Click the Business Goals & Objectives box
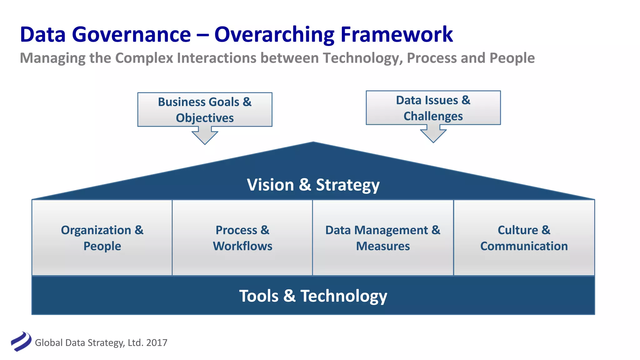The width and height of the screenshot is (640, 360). pyautogui.click(x=205, y=109)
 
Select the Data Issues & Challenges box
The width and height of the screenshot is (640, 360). pyautogui.click(x=433, y=108)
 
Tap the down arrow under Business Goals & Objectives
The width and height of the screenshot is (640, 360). pyautogui.click(x=205, y=136)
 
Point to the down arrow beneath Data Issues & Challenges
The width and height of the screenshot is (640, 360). pyautogui.click(x=433, y=134)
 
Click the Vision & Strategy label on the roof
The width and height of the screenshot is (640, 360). pyautogui.click(x=313, y=185)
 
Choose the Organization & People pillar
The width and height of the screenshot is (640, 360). pyautogui.click(x=102, y=238)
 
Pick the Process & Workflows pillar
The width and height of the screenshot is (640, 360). pyautogui.click(x=242, y=238)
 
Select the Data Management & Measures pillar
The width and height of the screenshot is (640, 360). pyautogui.click(x=383, y=238)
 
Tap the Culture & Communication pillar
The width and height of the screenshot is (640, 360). pyautogui.click(x=524, y=238)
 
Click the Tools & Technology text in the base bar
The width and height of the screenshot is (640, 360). pyautogui.click(x=313, y=296)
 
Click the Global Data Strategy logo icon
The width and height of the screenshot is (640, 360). pyautogui.click(x=21, y=342)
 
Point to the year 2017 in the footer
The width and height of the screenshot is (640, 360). pyautogui.click(x=157, y=343)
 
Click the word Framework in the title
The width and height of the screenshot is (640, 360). pyautogui.click(x=397, y=34)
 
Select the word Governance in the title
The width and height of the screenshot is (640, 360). pyautogui.click(x=131, y=34)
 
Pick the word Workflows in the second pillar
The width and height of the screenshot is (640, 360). pyautogui.click(x=242, y=246)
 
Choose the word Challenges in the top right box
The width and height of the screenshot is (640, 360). pyautogui.click(x=433, y=116)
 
